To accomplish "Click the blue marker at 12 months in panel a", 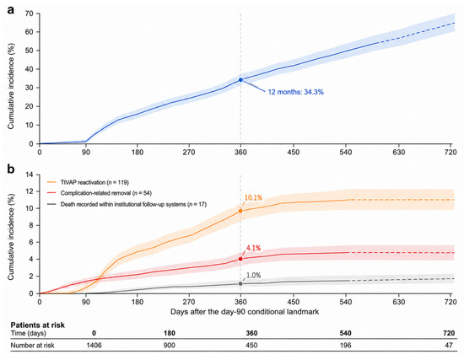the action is pos(240,80).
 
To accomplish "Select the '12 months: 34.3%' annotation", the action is pos(295,92).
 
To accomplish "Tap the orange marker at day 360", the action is pos(240,211).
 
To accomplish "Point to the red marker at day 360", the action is pos(240,259).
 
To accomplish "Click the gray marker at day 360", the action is pos(240,283).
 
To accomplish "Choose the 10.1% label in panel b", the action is pos(253,198).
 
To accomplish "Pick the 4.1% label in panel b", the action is pos(253,248).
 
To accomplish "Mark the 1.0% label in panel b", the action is pos(253,276).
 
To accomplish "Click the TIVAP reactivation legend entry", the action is pos(89,182).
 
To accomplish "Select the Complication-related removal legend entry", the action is pos(100,193).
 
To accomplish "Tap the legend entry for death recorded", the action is pos(127,204).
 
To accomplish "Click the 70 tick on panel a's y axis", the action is pos(30,13).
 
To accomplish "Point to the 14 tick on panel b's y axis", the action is pos(30,175).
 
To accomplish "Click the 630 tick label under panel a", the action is pos(398,153).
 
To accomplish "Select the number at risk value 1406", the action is pos(94,345).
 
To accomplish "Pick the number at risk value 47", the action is pos(449,345).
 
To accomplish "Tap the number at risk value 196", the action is pos(345,345).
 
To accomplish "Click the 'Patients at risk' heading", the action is pos(38,325).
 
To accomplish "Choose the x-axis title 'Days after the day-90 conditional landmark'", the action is pos(245,311).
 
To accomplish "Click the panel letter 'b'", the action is pos(11,169).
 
